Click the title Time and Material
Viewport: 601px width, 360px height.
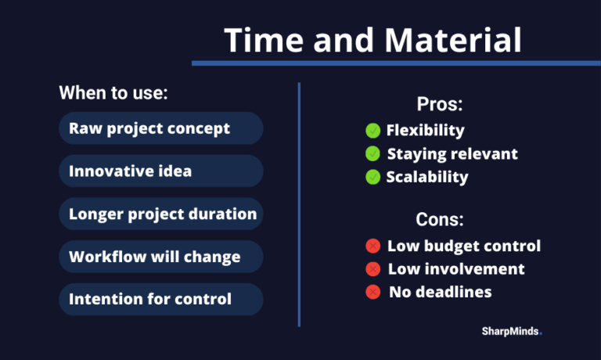(x=372, y=40)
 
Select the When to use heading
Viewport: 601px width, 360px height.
(x=113, y=93)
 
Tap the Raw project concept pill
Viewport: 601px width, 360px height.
(x=161, y=128)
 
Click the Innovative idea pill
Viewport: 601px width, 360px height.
(x=161, y=171)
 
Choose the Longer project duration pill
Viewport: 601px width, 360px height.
(x=161, y=214)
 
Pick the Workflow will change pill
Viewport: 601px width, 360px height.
(x=161, y=257)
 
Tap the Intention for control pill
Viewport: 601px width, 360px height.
(x=161, y=300)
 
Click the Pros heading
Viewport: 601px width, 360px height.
(x=440, y=104)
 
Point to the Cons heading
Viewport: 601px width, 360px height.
(x=440, y=219)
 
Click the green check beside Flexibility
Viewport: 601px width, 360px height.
(x=373, y=131)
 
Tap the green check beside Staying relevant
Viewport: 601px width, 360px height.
(x=373, y=153)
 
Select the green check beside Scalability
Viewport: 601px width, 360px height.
(x=373, y=177)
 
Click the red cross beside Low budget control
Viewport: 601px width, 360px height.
(x=373, y=247)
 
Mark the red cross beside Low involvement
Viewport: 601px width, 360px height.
(x=373, y=269)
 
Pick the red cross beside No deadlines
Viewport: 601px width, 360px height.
(x=373, y=292)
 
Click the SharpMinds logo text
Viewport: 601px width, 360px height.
(x=512, y=331)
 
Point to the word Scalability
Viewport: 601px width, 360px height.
(x=427, y=177)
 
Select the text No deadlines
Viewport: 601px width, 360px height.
(x=441, y=292)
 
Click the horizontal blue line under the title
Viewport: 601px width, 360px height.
(x=396, y=63)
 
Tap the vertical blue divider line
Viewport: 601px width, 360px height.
(x=299, y=205)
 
